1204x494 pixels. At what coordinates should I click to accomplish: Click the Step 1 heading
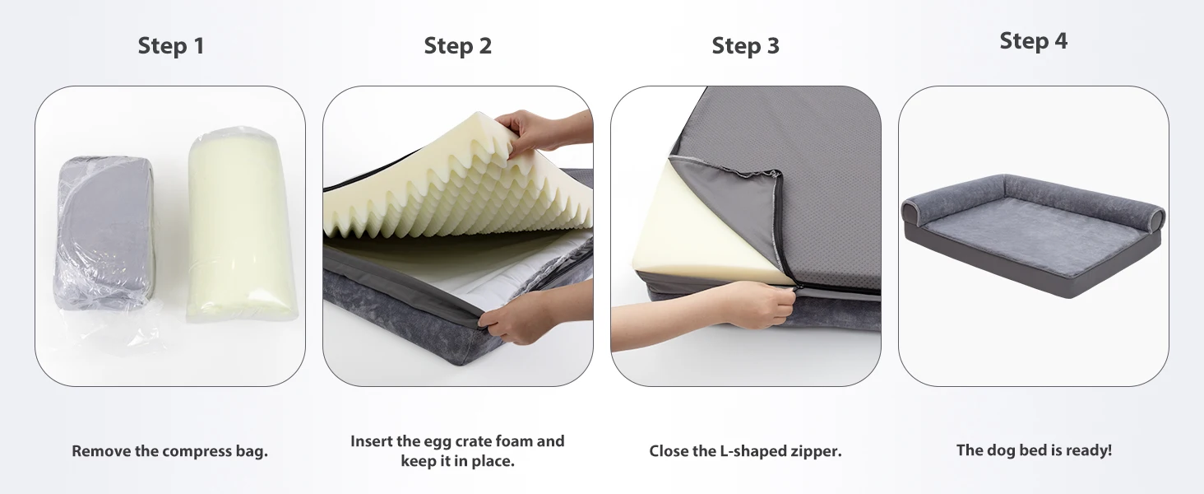point(171,46)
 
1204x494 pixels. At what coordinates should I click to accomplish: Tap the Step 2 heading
point(458,46)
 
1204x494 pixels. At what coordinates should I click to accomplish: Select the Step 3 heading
point(746,46)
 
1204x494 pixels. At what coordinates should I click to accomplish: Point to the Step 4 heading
point(1034,41)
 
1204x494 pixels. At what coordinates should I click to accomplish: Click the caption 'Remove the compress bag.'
point(170,451)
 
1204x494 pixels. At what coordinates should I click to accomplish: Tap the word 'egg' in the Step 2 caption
point(438,442)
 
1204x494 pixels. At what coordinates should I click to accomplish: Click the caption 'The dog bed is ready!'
point(1034,450)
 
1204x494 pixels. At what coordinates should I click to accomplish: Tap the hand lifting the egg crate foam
point(543,133)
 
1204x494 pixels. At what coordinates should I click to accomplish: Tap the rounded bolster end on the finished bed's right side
point(1154,218)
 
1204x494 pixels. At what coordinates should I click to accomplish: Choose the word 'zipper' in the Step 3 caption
point(816,451)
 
